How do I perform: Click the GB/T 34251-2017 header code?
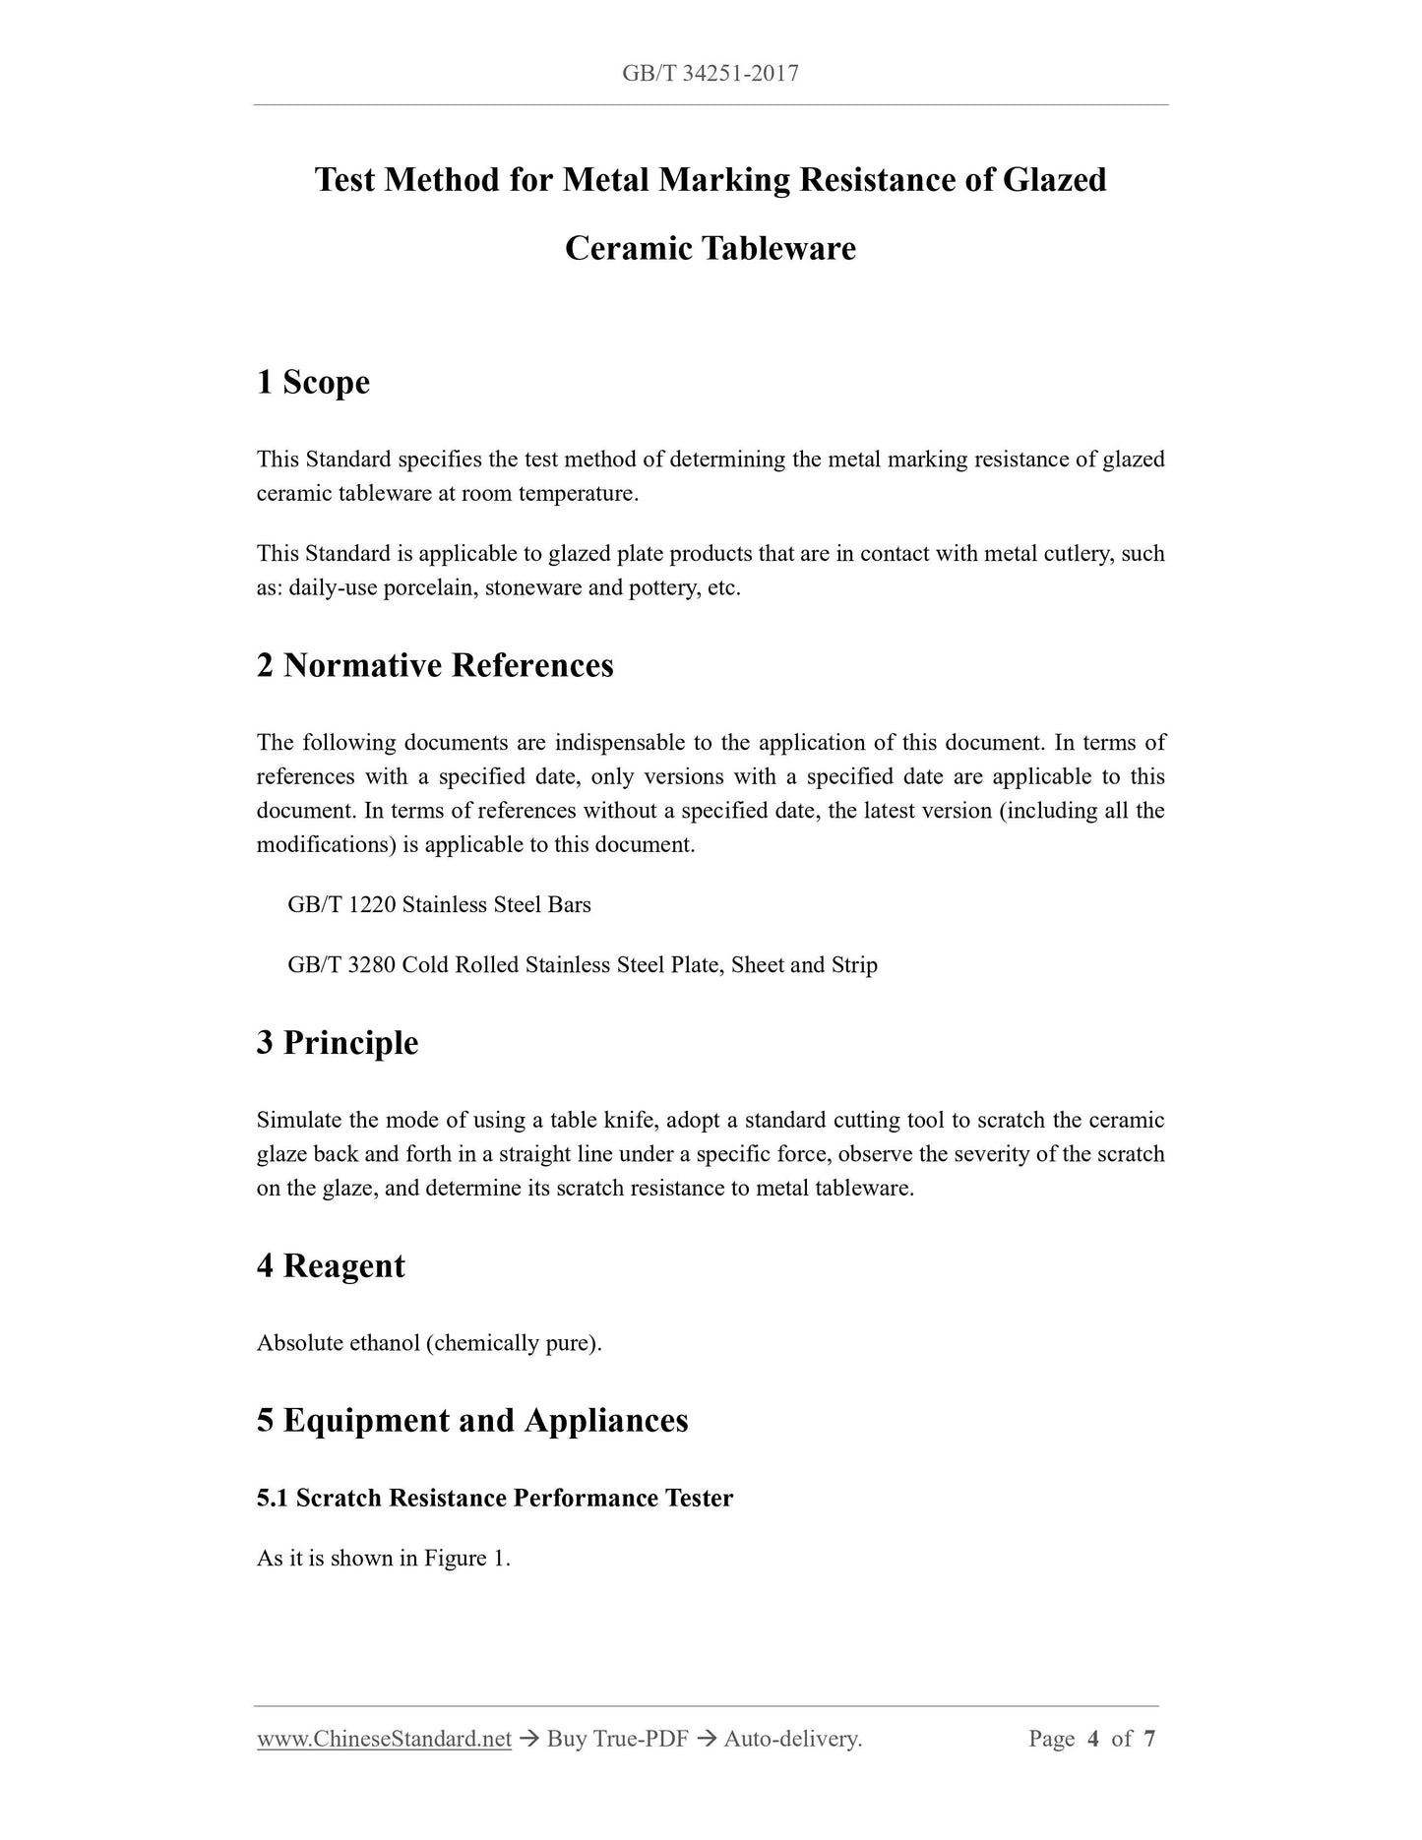pyautogui.click(x=710, y=73)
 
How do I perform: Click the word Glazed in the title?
pyautogui.click(x=1053, y=180)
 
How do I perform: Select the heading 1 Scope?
pyautogui.click(x=313, y=382)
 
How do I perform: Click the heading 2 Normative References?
pyautogui.click(x=435, y=665)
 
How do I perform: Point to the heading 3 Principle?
pyautogui.click(x=338, y=1043)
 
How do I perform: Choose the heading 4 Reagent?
pyautogui.click(x=331, y=1265)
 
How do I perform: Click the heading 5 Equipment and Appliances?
pyautogui.click(x=472, y=1421)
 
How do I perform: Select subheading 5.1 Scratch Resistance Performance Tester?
pyautogui.click(x=495, y=1499)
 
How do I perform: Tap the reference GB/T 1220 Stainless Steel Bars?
pyautogui.click(x=439, y=905)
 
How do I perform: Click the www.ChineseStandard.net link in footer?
pyautogui.click(x=384, y=1740)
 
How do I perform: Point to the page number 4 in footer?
pyautogui.click(x=1092, y=1740)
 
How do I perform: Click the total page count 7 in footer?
pyautogui.click(x=1149, y=1740)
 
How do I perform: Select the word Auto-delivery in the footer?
pyautogui.click(x=792, y=1740)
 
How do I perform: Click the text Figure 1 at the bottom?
pyautogui.click(x=465, y=1559)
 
